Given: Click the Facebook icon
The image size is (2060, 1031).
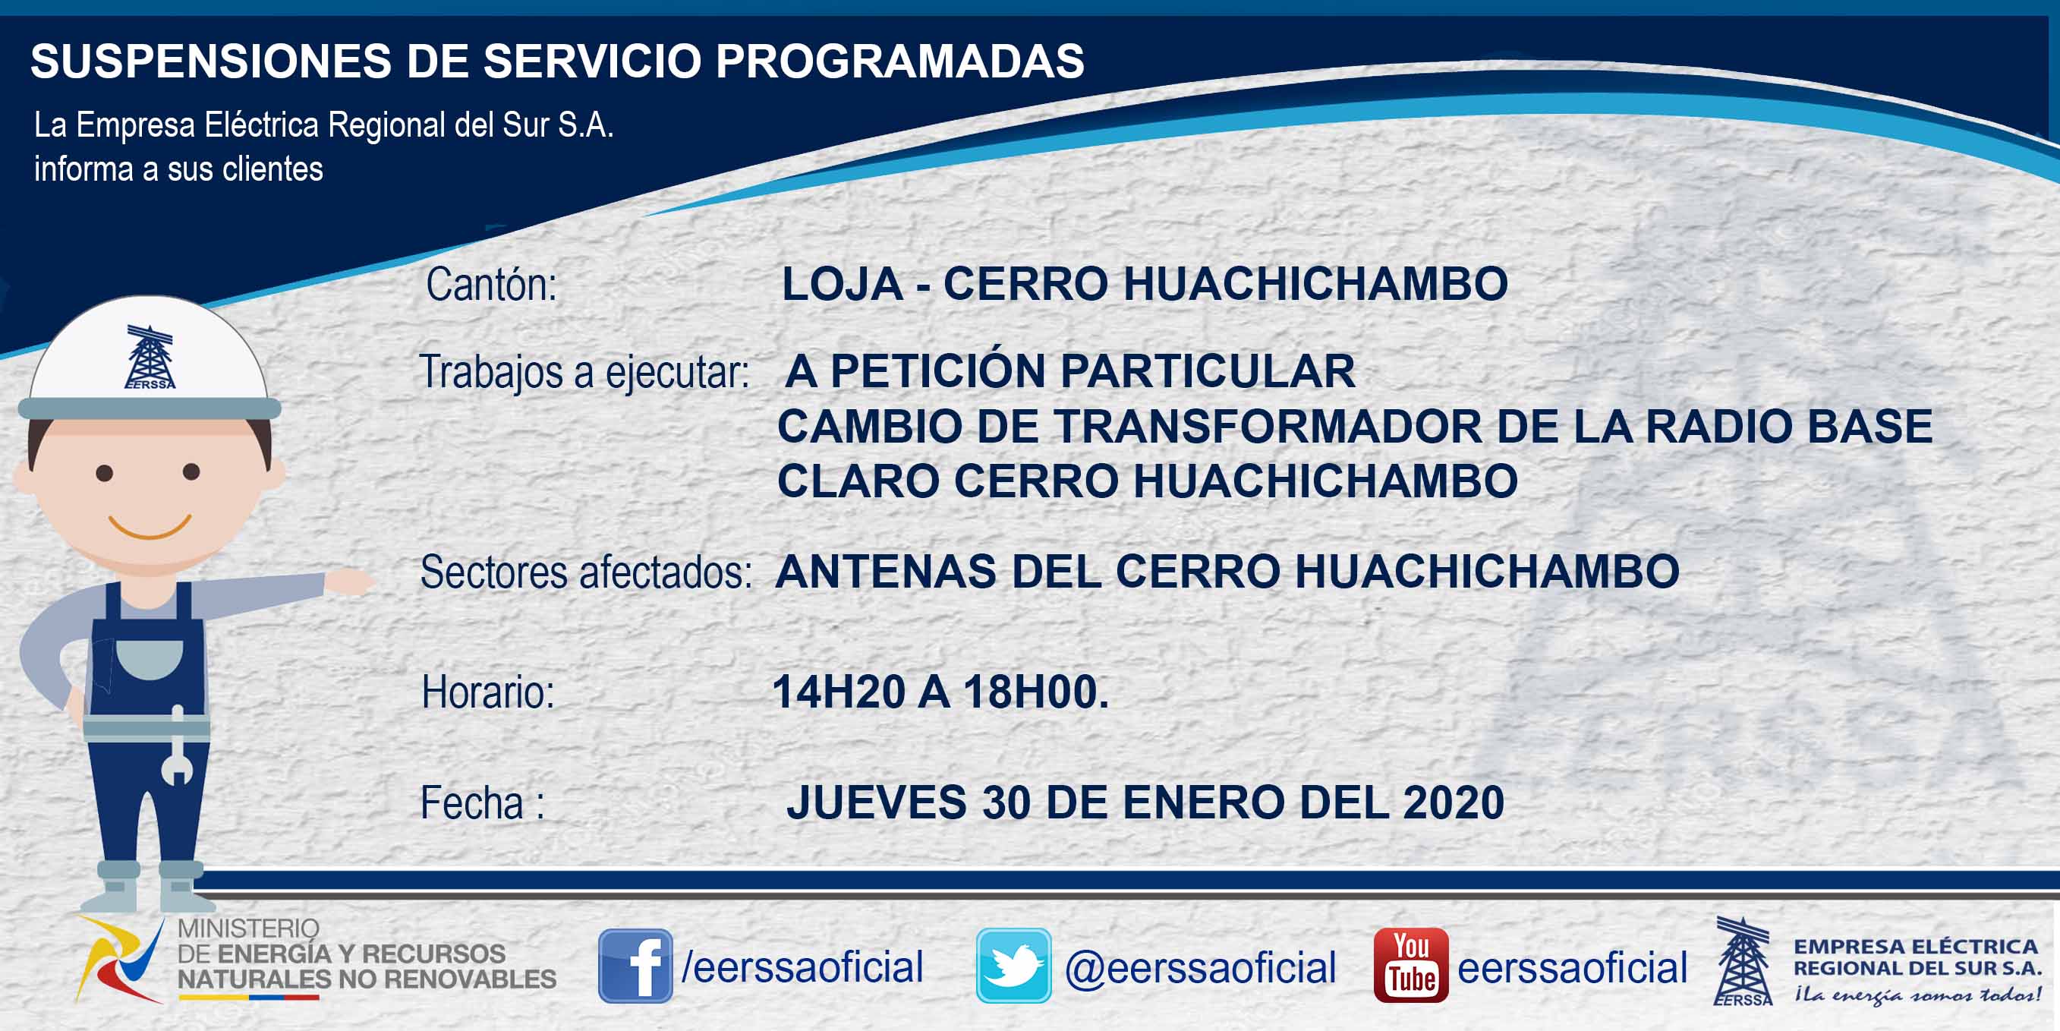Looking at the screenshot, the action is click(x=636, y=966).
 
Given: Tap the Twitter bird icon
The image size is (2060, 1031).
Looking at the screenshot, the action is click(x=1013, y=966).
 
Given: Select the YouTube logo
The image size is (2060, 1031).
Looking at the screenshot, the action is click(x=1410, y=966).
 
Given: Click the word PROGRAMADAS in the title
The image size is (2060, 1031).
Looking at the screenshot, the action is click(x=899, y=61).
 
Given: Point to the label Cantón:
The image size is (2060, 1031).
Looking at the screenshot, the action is click(x=491, y=284).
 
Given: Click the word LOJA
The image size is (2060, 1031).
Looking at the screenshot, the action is click(x=842, y=284).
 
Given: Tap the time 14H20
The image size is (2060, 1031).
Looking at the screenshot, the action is click(x=839, y=692).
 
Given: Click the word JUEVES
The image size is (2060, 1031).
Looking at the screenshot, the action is click(x=877, y=802).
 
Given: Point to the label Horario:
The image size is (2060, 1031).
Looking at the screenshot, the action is click(x=488, y=692).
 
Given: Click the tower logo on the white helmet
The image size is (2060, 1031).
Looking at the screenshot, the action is click(x=150, y=357).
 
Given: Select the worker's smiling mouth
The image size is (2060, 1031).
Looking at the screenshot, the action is click(x=150, y=527).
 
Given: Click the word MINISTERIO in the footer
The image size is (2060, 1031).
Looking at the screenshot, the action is click(x=249, y=929).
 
